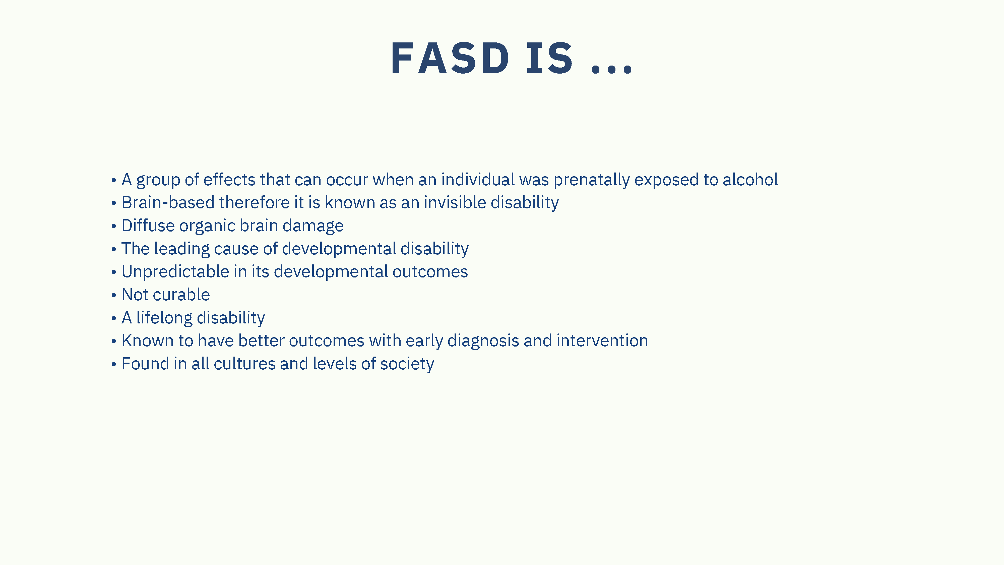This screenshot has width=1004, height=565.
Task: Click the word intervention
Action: pos(602,341)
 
